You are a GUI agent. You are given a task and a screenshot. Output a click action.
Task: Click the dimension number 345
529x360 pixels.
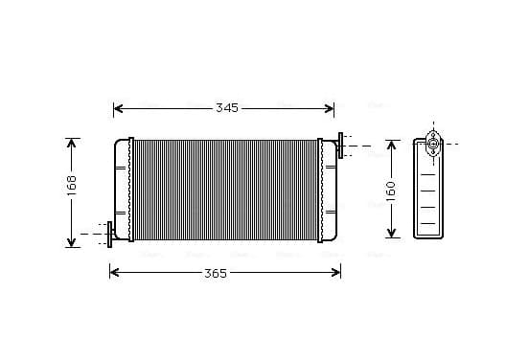click(x=227, y=108)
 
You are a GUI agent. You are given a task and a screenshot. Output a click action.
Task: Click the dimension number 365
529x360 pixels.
click(x=216, y=273)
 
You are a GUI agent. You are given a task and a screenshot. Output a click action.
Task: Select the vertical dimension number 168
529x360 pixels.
click(x=72, y=186)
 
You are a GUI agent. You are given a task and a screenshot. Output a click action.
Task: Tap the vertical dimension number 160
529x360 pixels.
click(x=391, y=191)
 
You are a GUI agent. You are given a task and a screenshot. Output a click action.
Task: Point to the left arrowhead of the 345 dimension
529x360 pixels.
click(x=118, y=108)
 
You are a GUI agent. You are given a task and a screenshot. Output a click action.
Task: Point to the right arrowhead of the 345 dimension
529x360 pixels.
click(x=330, y=108)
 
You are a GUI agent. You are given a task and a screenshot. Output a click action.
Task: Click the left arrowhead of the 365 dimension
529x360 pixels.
click(x=114, y=272)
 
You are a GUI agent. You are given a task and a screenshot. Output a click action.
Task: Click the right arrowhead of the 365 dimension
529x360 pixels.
click(x=336, y=272)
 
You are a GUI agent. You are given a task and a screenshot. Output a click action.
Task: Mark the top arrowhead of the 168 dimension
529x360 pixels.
click(x=71, y=143)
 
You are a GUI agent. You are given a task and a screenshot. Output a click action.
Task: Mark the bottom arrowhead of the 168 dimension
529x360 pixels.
click(x=71, y=242)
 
